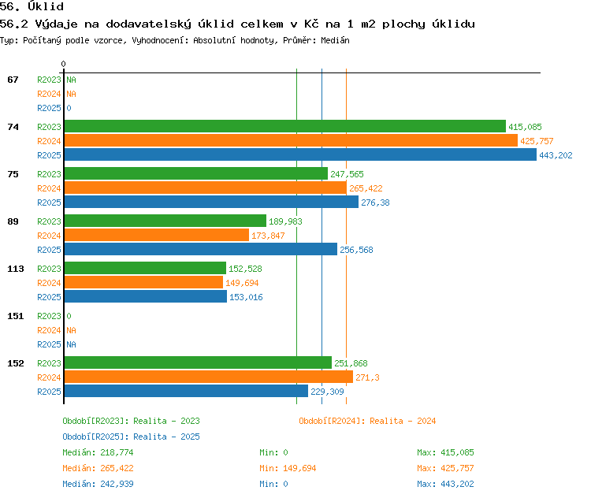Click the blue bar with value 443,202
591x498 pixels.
click(300, 155)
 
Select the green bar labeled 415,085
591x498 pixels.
click(285, 126)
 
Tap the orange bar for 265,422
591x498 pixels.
click(206, 188)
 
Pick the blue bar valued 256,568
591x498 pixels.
click(201, 249)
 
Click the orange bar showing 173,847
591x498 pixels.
click(157, 236)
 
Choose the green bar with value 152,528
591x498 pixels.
click(145, 268)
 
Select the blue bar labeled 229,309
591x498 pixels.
click(186, 391)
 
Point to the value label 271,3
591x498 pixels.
click(367, 377)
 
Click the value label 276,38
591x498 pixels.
click(375, 203)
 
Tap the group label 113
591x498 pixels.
click(16, 269)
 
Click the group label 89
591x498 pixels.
click(13, 221)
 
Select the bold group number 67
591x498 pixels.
click(13, 80)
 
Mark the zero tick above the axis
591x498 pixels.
click(63, 64)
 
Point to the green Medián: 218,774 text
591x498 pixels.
click(98, 452)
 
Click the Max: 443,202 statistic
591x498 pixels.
click(445, 484)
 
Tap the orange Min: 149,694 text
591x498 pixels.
click(288, 468)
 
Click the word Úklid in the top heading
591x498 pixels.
click(46, 6)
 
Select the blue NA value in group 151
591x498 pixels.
click(71, 344)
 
